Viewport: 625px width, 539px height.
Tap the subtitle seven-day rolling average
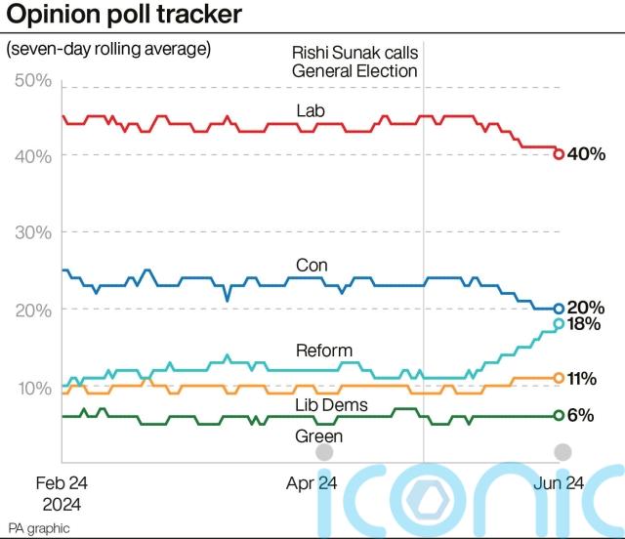[x=108, y=48]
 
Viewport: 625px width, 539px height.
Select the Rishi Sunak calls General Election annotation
[x=354, y=62]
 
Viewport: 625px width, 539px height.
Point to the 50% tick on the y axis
[x=33, y=80]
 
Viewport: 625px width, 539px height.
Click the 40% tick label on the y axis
[x=33, y=156]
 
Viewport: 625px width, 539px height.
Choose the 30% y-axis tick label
[x=33, y=232]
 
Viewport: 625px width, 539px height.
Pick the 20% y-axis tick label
[x=33, y=310]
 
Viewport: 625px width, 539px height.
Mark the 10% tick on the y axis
[x=33, y=388]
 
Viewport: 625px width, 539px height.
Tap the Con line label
[x=312, y=265]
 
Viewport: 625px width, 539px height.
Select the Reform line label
[x=322, y=350]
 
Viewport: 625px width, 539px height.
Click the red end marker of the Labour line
[x=559, y=153]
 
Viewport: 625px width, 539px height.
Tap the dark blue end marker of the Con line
[x=559, y=309]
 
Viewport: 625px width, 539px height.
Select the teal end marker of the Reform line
[x=559, y=323]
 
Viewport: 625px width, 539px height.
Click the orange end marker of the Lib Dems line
[x=559, y=377]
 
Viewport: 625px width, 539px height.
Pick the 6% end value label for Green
[x=581, y=415]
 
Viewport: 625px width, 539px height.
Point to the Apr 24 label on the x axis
[x=312, y=483]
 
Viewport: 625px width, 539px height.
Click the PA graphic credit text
[x=39, y=527]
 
